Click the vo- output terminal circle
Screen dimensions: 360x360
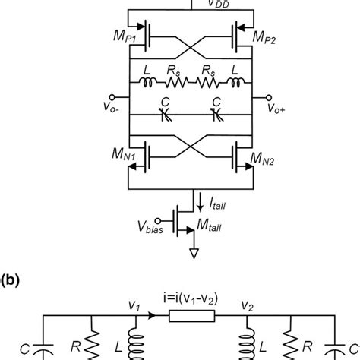pyautogui.click(x=112, y=96)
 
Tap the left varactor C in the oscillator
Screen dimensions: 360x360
pyautogui.click(x=166, y=114)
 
